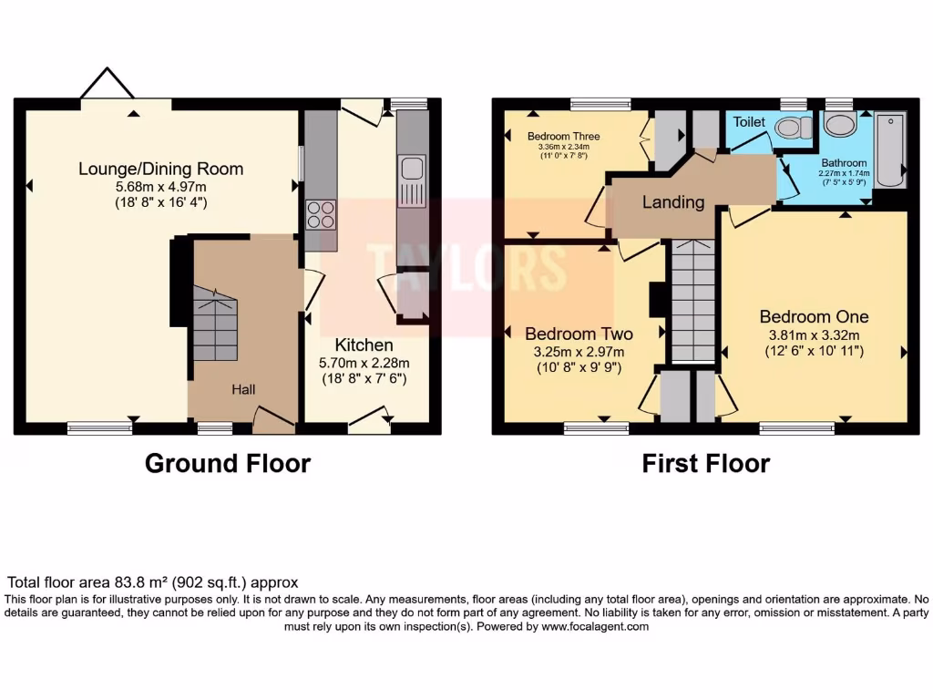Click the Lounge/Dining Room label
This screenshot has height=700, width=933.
[x=160, y=169]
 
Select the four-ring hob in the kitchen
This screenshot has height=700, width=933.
[x=320, y=214]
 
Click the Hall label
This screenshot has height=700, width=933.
[x=242, y=389]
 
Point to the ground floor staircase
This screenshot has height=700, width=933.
[x=215, y=324]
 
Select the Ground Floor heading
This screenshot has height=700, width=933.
[x=228, y=463]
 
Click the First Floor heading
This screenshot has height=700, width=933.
[x=705, y=463]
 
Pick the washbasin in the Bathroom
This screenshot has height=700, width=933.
[x=839, y=125]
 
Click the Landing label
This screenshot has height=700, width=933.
[x=673, y=201]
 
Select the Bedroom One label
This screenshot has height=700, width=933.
[x=814, y=316]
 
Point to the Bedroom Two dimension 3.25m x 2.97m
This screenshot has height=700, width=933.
[x=578, y=352]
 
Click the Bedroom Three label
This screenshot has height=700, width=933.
[x=563, y=137]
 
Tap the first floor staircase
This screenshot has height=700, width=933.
[x=692, y=301]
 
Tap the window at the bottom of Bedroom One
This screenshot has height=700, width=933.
[x=797, y=427]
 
